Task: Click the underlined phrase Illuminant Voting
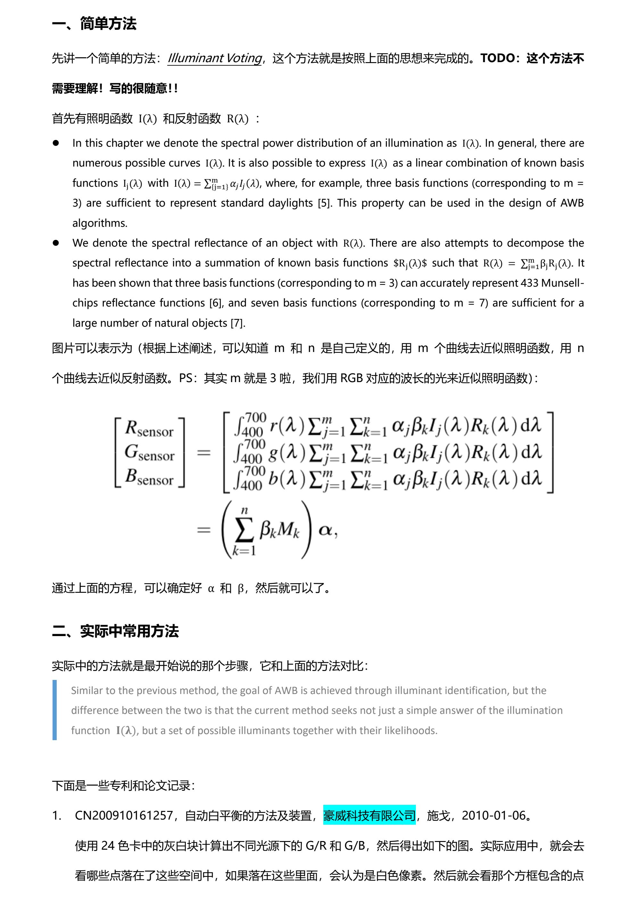tap(214, 58)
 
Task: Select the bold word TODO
tap(497, 58)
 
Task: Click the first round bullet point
tap(56, 143)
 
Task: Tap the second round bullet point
tap(56, 243)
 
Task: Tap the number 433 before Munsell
tap(530, 283)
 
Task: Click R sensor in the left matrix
tap(149, 429)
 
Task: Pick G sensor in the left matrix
tap(149, 453)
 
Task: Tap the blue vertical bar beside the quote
tap(55, 710)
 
